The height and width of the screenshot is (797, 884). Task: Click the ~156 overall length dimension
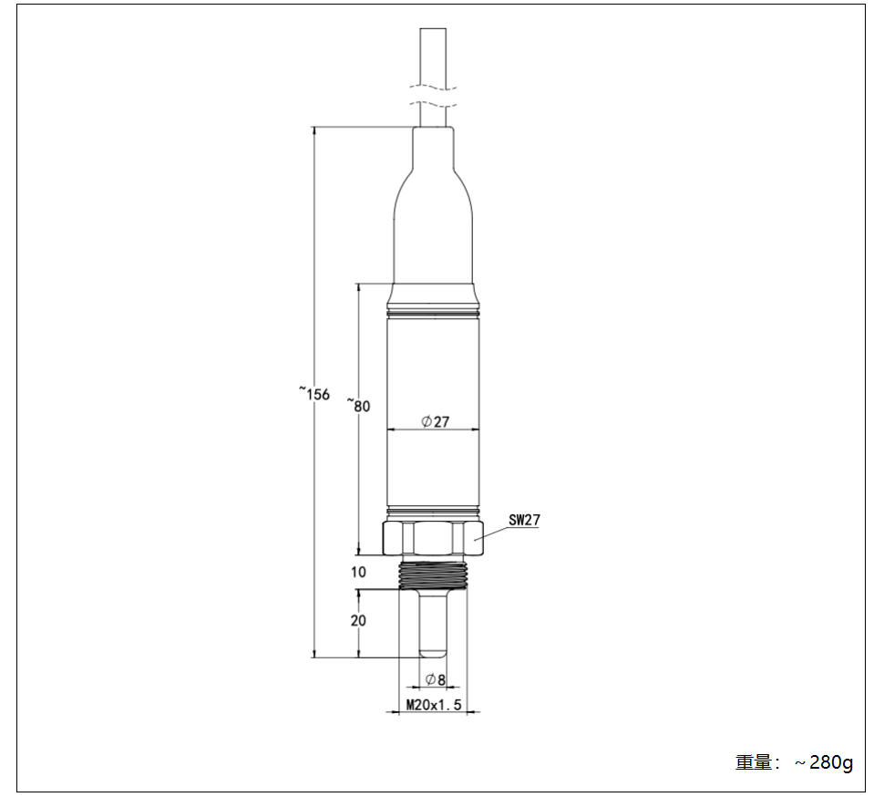click(x=314, y=393)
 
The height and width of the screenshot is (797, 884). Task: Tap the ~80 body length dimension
click(x=358, y=405)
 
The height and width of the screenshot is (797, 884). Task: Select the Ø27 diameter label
click(x=436, y=421)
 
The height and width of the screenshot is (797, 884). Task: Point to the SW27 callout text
click(x=524, y=520)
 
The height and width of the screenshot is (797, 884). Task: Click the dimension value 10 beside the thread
click(x=358, y=572)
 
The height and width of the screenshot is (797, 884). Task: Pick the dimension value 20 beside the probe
click(x=358, y=620)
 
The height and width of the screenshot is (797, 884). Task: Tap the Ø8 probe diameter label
click(x=436, y=679)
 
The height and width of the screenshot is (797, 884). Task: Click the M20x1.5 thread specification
click(x=434, y=705)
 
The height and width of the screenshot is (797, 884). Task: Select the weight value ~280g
click(x=824, y=762)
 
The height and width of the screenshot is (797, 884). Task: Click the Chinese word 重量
click(x=753, y=762)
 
